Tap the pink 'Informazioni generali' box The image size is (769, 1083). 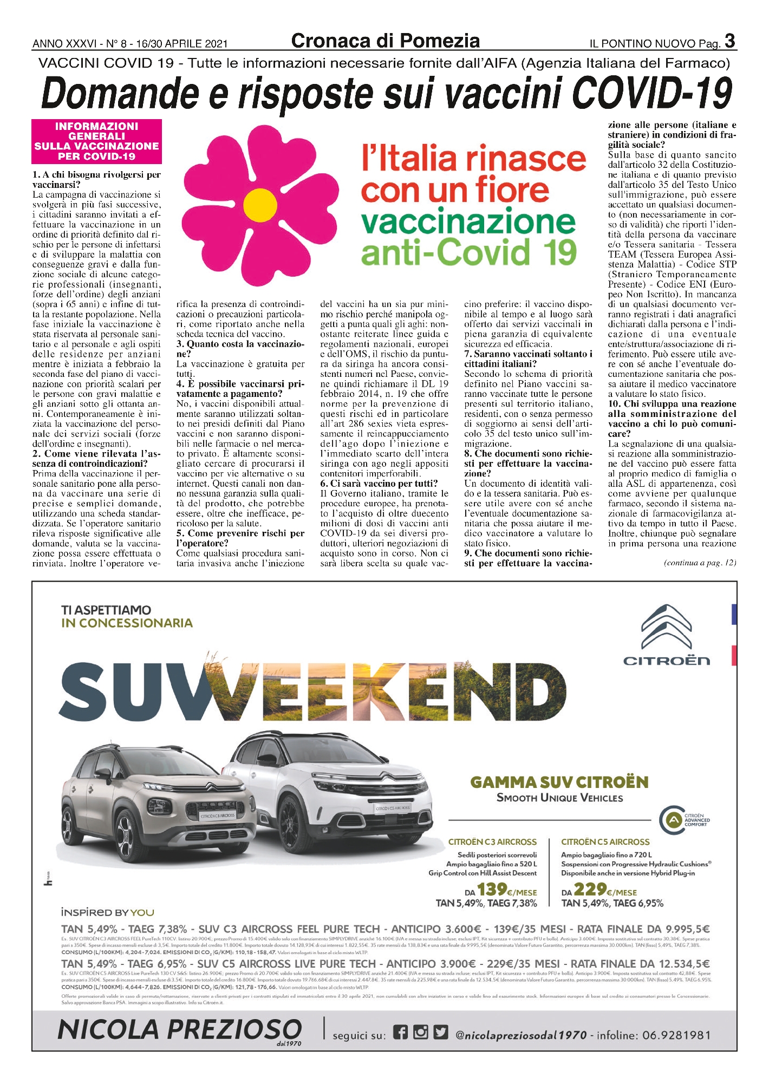tap(96, 141)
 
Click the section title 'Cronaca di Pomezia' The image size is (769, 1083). tap(385, 41)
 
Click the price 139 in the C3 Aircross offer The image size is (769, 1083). tap(492, 889)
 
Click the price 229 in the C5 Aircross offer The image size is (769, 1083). tap(589, 889)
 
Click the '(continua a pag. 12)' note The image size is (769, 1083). tap(700, 563)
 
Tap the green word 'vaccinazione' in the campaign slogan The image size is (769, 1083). tap(468, 221)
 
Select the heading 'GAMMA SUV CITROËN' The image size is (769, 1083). tap(559, 782)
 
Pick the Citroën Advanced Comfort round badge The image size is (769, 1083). tap(672, 820)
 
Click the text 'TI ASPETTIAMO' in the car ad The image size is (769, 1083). tap(106, 610)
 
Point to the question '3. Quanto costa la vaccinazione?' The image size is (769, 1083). tap(240, 349)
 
